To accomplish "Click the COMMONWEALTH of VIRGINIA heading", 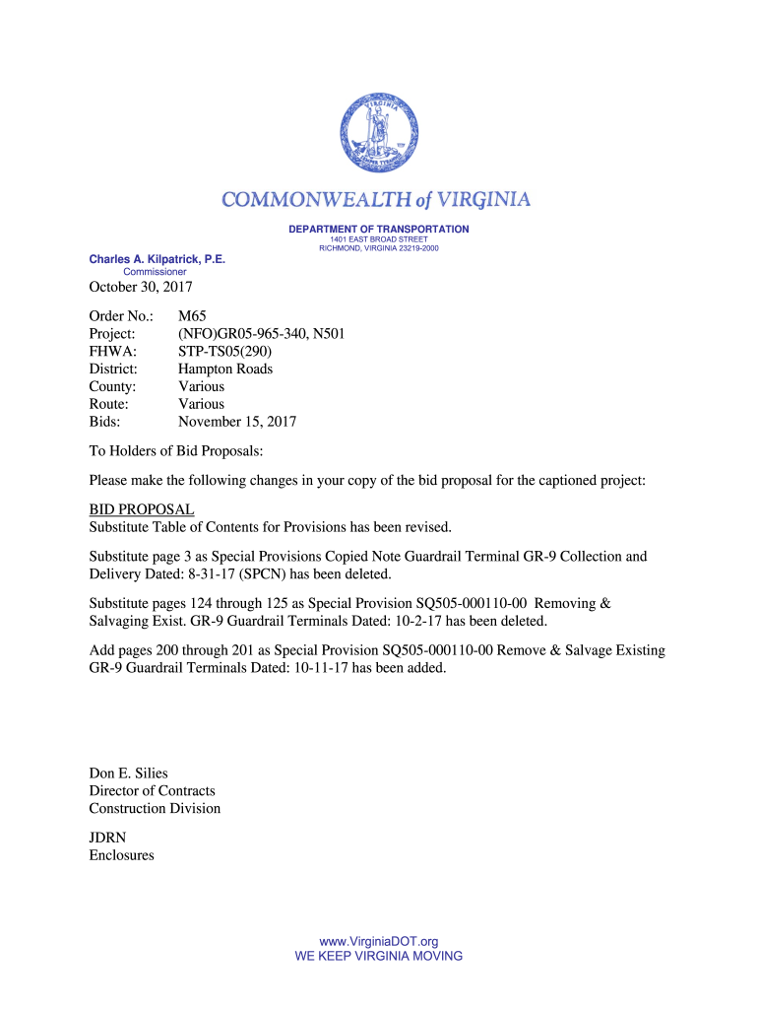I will coord(376,200).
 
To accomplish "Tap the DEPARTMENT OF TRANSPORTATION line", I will coord(379,230).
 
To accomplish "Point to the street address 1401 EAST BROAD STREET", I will coord(379,239).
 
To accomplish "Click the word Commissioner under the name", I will coord(155,272).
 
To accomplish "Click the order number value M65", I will coord(192,316).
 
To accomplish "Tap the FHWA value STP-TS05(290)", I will coord(224,352).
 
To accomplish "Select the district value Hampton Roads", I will coord(225,370).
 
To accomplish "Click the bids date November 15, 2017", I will coord(237,422).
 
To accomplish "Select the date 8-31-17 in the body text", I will coord(195,574).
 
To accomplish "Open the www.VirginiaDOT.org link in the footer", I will coord(379,942).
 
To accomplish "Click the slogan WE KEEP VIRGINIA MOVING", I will coord(379,956).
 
